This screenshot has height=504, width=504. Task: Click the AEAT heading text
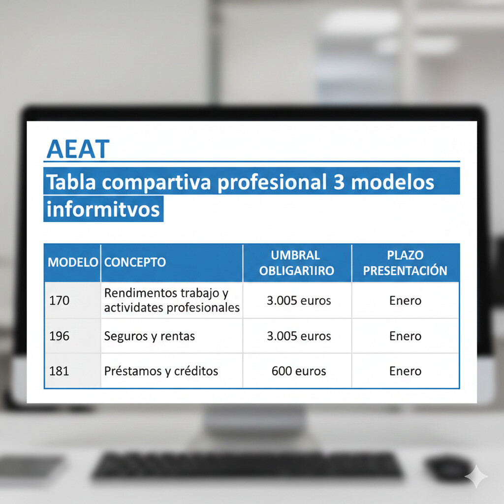(77, 149)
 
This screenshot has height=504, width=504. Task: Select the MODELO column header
(72, 262)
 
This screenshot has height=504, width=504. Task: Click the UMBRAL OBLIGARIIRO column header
(296, 263)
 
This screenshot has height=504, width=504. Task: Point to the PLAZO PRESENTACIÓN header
(405, 263)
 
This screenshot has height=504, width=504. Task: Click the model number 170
(60, 300)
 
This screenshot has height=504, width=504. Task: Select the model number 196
(60, 336)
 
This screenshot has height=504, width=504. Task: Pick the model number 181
(60, 371)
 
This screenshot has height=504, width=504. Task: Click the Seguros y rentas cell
(150, 336)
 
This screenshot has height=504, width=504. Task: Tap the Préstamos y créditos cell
(161, 371)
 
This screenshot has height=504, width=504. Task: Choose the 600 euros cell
(299, 371)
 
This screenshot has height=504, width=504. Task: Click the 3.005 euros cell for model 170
(299, 300)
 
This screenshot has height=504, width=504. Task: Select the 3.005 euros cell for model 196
(299, 336)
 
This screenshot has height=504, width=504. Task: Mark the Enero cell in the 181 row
(405, 371)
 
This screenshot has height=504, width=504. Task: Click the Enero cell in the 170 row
(405, 300)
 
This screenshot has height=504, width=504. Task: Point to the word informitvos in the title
(103, 209)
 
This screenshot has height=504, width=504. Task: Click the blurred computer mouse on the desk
(449, 467)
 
